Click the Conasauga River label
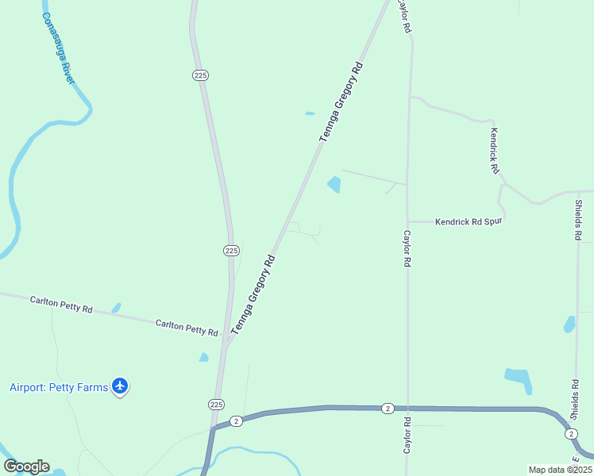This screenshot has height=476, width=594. pos(57,48)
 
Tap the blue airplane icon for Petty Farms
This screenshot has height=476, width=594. pos(120,386)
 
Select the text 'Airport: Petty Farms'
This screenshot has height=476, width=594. pos(59,387)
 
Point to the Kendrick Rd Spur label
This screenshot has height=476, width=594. pos(469,222)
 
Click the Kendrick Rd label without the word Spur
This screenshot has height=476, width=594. pos(494,151)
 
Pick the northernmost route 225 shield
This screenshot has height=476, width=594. pos(200,75)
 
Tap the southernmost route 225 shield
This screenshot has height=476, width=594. pos(216,404)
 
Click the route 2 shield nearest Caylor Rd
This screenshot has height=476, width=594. pos(387,408)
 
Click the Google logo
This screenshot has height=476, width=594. pos(26,466)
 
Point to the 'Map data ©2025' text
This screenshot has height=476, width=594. pos(559,469)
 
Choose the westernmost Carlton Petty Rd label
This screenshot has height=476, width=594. pos(61,304)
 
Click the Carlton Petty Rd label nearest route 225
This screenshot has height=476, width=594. pos(187,328)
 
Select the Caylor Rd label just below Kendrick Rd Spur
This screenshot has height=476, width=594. pos(407,248)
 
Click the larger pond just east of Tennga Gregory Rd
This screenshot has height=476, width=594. pos(334,185)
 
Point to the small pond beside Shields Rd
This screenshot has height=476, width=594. pos(569,324)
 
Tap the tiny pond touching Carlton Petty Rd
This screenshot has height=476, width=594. pos(117,308)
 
